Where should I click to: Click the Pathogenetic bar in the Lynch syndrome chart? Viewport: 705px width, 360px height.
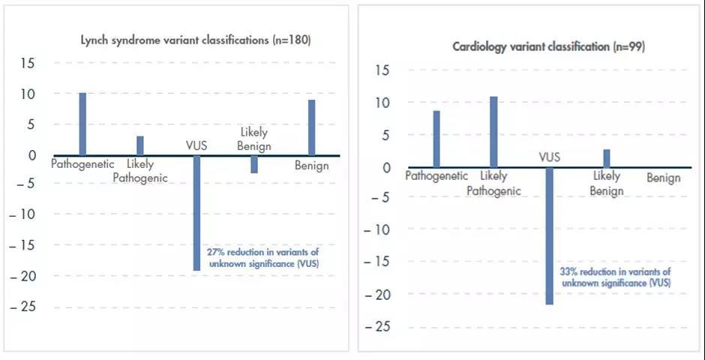[x=82, y=124]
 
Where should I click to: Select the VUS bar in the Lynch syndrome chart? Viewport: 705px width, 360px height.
[x=197, y=213]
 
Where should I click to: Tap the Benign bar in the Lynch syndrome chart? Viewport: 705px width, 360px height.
[x=311, y=127]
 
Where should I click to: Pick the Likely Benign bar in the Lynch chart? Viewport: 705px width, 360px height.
[x=254, y=164]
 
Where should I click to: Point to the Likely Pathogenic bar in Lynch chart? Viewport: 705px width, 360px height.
[x=140, y=145]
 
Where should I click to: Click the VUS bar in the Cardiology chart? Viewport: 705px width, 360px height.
[x=550, y=235]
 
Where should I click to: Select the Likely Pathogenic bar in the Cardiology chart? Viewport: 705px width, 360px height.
[x=493, y=132]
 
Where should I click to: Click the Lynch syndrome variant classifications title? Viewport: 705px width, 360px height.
[x=196, y=40]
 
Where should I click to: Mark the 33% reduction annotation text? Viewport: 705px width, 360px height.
[x=615, y=277]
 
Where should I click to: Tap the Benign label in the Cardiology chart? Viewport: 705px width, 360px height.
[x=664, y=178]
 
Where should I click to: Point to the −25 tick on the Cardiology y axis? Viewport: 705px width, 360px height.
[x=380, y=326]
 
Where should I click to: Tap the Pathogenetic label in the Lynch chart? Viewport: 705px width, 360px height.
[x=82, y=163]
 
